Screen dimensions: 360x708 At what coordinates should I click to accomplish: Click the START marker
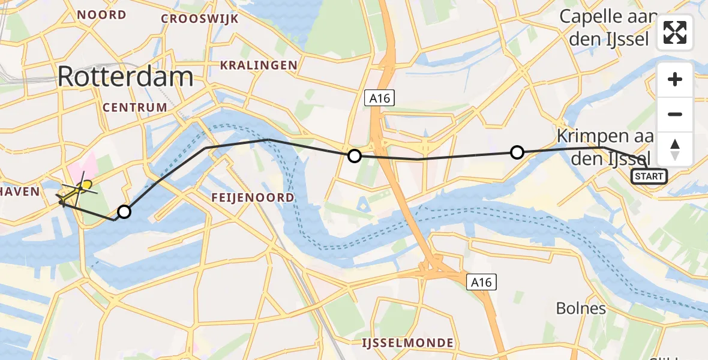[x=649, y=176]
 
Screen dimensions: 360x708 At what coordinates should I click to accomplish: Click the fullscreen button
[x=675, y=32]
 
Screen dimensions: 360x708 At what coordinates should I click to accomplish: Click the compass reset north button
[x=675, y=149]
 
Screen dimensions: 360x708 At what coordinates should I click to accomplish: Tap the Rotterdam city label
[x=126, y=77]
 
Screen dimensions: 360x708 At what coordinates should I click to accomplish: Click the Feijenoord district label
[x=253, y=197]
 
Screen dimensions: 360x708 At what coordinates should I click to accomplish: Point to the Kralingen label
[x=259, y=65]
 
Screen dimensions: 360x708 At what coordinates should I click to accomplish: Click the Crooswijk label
[x=199, y=19]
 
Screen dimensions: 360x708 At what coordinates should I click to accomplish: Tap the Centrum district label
[x=134, y=107]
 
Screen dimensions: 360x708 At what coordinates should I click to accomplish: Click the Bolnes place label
[x=581, y=309]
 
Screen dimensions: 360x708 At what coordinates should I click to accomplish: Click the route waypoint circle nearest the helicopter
[x=124, y=211]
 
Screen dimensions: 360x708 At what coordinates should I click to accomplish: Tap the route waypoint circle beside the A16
[x=355, y=156]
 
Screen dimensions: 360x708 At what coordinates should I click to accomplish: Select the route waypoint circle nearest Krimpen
[x=517, y=152]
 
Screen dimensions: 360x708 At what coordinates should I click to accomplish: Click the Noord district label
[x=101, y=14]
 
